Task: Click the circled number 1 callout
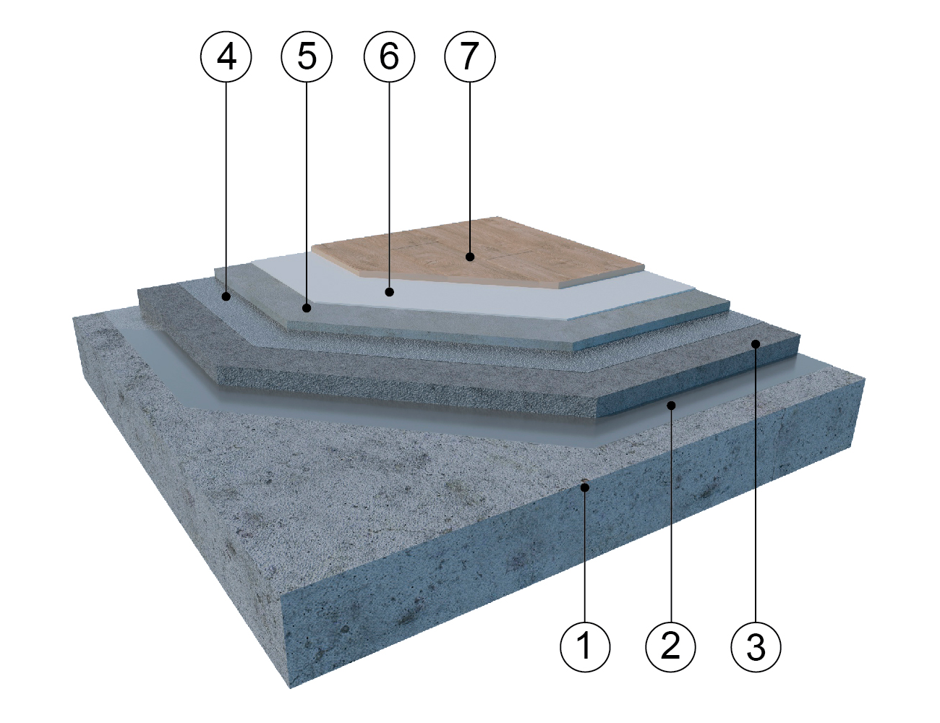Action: click(585, 647)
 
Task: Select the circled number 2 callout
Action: click(670, 647)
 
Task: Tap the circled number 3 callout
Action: click(756, 647)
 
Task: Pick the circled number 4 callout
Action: click(226, 56)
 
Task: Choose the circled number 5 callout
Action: click(307, 56)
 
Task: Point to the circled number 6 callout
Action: click(389, 56)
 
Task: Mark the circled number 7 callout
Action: click(470, 56)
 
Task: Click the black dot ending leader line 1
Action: click(585, 488)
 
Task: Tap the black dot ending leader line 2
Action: click(671, 405)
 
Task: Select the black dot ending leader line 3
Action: click(756, 343)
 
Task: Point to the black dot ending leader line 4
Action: click(226, 296)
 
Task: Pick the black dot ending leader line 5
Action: click(307, 308)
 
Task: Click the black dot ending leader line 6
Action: click(389, 292)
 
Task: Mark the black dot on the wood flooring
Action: click(470, 257)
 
